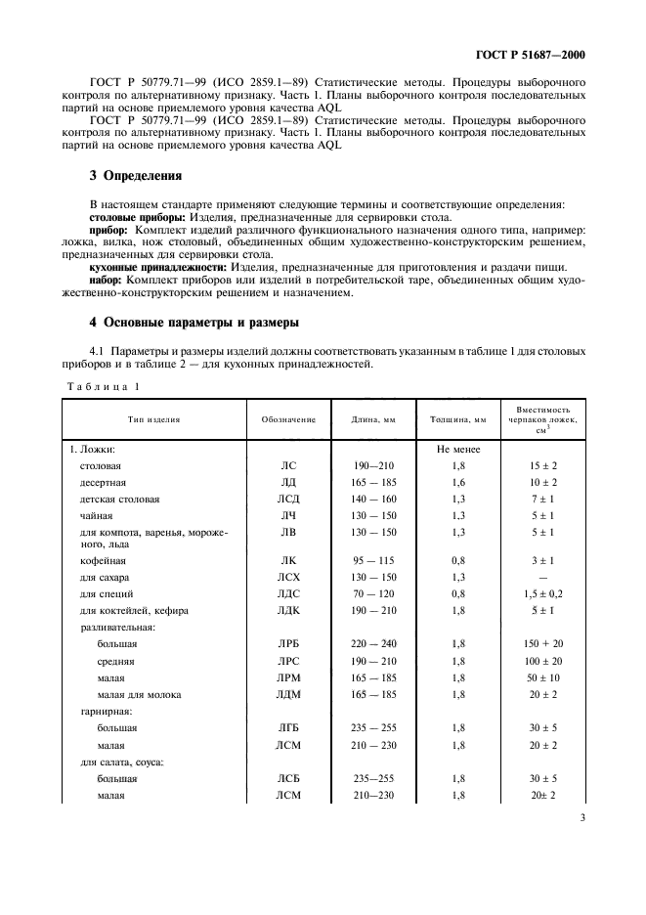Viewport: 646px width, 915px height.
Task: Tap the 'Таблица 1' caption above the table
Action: (x=103, y=386)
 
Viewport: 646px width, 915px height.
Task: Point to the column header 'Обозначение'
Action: (x=288, y=419)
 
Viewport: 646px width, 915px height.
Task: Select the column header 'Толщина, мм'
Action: (x=458, y=419)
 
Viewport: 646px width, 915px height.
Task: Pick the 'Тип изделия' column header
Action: (x=154, y=419)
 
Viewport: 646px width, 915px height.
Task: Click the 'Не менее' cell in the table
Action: (x=458, y=450)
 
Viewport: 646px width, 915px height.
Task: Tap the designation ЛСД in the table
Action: (x=288, y=499)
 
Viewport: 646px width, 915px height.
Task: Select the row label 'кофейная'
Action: (x=103, y=561)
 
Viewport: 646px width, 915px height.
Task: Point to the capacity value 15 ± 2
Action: (x=542, y=466)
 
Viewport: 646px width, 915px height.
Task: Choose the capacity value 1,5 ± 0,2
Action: (x=542, y=593)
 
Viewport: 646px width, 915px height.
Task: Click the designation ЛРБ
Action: (x=288, y=645)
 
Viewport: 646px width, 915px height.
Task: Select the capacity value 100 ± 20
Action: (x=542, y=662)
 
